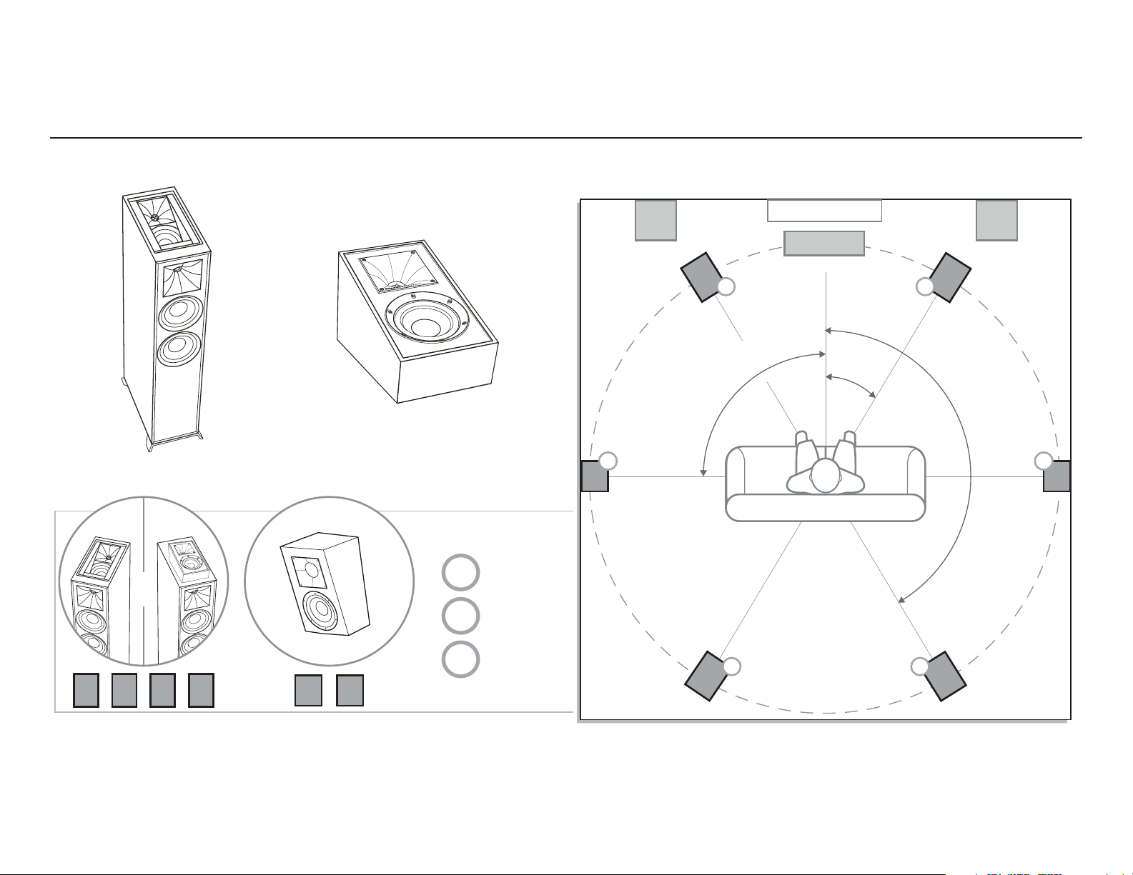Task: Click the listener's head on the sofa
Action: click(826, 475)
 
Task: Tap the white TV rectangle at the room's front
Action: click(824, 211)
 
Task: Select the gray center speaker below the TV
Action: click(824, 243)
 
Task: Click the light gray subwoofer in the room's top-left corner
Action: click(655, 220)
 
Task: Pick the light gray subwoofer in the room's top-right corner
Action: click(996, 220)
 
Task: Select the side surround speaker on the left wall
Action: click(594, 476)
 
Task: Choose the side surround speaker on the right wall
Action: click(1057, 476)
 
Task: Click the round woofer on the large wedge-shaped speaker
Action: click(422, 321)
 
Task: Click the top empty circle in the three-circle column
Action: click(460, 572)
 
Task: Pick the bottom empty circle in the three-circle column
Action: click(460, 659)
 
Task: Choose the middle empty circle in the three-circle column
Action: click(460, 616)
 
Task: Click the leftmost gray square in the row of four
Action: click(86, 691)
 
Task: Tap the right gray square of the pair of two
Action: click(350, 691)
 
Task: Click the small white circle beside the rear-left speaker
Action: click(731, 666)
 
